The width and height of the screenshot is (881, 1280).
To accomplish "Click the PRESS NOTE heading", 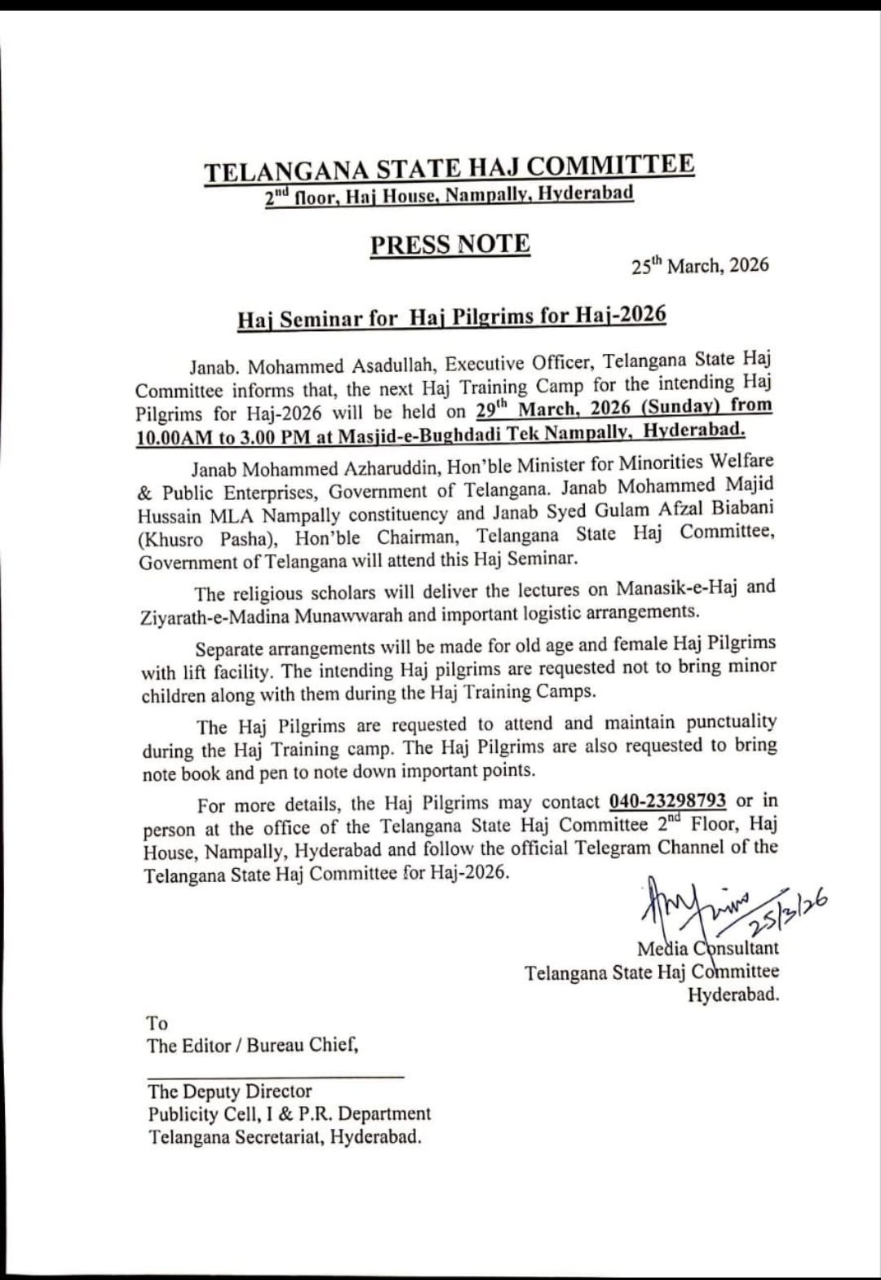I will click(x=449, y=245).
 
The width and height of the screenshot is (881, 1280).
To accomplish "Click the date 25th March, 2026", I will click(x=700, y=265).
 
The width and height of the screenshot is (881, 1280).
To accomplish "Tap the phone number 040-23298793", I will click(x=667, y=801).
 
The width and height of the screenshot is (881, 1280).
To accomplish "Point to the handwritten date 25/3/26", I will click(x=788, y=913).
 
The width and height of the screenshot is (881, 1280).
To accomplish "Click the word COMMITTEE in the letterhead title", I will click(x=610, y=166).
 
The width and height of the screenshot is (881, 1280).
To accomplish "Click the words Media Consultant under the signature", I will click(x=707, y=948).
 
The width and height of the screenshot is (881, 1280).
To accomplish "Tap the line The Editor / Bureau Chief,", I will click(x=252, y=1045).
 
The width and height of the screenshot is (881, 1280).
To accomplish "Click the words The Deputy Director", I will click(x=230, y=1092).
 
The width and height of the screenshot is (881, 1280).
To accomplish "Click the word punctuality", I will click(x=731, y=722).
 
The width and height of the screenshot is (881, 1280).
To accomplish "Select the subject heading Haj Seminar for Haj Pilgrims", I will click(x=452, y=317).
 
